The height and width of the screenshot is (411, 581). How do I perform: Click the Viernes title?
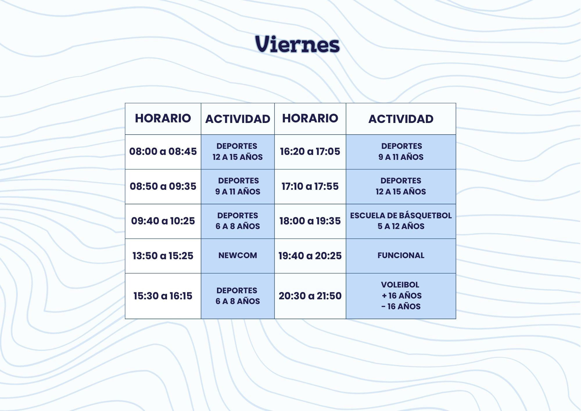click(297, 44)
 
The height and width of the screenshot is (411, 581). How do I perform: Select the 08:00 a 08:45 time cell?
click(163, 151)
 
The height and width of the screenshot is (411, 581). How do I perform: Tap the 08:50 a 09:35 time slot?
click(163, 186)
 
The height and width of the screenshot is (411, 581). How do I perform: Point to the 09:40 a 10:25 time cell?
click(163, 221)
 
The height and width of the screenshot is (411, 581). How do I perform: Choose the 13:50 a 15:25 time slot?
click(163, 256)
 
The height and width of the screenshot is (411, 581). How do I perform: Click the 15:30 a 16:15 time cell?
click(163, 296)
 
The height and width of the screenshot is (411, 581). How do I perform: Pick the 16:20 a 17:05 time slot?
click(310, 151)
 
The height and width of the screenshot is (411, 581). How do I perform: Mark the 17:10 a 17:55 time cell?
click(310, 186)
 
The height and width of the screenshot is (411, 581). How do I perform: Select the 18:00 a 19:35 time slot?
click(310, 221)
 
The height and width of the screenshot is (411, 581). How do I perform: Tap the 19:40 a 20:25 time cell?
click(310, 256)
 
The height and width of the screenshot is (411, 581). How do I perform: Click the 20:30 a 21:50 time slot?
click(310, 296)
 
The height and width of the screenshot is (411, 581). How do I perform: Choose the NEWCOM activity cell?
click(238, 255)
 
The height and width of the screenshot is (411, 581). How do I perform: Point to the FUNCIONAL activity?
click(401, 255)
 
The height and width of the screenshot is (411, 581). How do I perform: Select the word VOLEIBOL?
click(400, 285)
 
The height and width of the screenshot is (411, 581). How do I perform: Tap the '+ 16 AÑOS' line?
click(401, 296)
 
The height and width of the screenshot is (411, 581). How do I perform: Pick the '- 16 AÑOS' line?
click(401, 306)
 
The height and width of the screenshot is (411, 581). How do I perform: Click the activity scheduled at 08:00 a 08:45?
click(238, 151)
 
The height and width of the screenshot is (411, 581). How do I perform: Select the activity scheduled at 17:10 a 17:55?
click(401, 186)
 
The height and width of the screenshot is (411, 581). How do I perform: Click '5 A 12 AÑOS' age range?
click(401, 226)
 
